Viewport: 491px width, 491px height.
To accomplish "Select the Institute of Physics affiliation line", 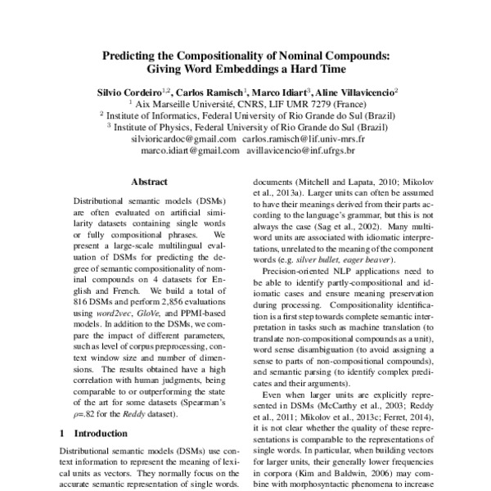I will pos(245,128).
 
